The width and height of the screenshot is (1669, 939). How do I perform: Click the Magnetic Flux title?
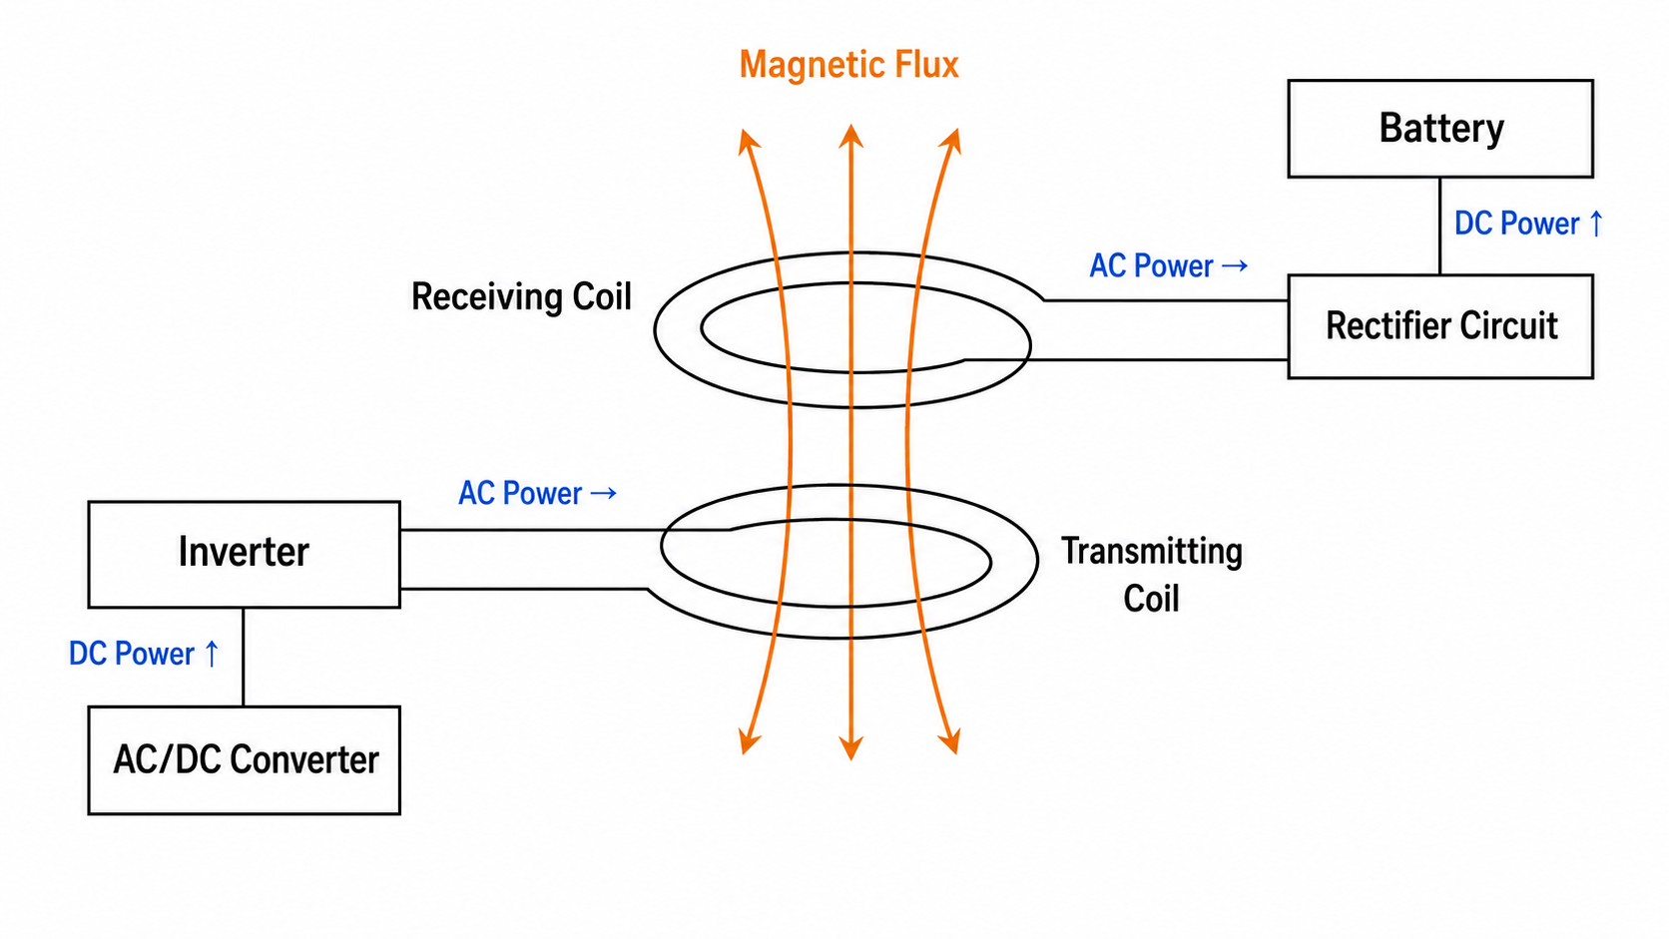(848, 65)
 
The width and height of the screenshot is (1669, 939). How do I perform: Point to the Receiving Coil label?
(521, 296)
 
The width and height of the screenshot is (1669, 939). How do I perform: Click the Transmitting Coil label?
(1151, 574)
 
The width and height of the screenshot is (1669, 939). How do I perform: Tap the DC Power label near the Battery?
(1528, 224)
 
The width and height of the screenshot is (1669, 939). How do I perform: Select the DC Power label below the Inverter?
(144, 654)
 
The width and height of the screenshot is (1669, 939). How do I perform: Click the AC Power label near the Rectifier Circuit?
(1168, 265)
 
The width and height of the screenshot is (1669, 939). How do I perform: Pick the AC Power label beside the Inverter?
(537, 493)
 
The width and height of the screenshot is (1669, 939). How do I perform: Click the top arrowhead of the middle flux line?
(850, 136)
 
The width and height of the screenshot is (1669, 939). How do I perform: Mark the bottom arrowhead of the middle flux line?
(850, 748)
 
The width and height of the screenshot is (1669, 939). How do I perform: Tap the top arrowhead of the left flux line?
(748, 141)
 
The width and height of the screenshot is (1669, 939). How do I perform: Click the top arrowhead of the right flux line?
(952, 141)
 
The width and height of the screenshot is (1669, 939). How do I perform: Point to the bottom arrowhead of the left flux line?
(748, 742)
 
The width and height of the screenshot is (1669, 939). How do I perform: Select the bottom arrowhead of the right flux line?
(951, 742)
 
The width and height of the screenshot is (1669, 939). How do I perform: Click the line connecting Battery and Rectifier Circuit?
(1439, 227)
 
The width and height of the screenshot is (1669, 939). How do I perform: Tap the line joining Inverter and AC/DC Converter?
(244, 657)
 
